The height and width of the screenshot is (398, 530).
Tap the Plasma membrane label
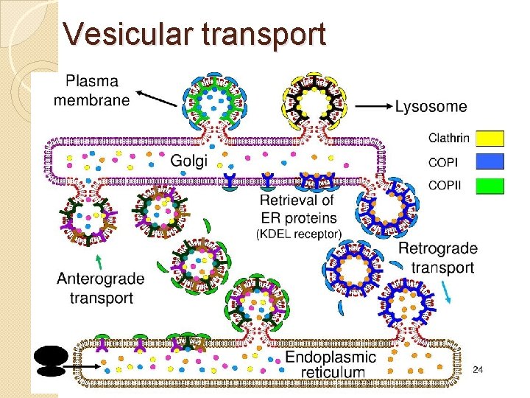(x=92, y=90)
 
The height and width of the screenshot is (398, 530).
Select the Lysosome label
(x=431, y=107)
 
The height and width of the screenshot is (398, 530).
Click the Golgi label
(x=190, y=161)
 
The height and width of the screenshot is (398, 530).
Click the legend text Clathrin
(x=448, y=139)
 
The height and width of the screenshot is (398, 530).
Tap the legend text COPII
(x=445, y=186)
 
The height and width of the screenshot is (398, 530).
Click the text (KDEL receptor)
(x=298, y=234)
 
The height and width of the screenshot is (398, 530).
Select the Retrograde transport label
(x=437, y=258)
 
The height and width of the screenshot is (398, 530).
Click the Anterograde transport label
(x=100, y=288)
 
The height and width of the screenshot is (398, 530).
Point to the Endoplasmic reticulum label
(x=331, y=364)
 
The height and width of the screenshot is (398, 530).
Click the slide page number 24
(x=477, y=369)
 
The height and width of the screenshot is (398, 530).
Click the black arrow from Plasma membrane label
(x=155, y=97)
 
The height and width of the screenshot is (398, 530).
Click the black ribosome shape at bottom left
(x=51, y=360)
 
